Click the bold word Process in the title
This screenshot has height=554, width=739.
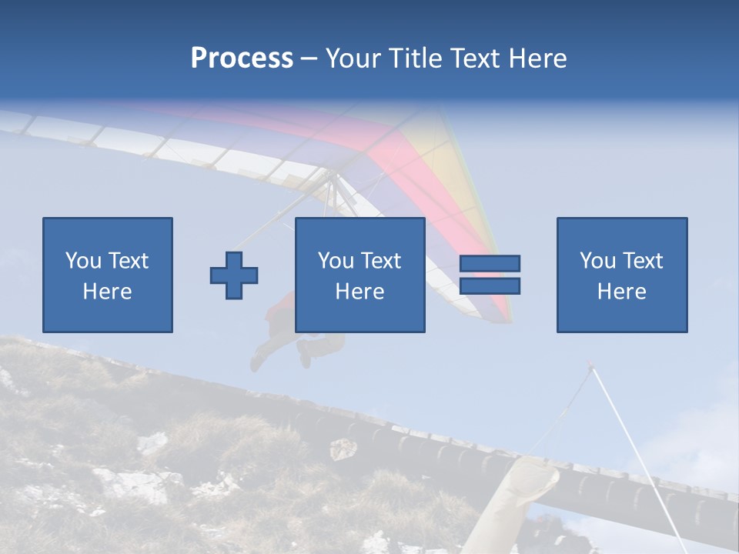pos(242,58)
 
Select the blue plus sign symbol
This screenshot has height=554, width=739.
pos(234,275)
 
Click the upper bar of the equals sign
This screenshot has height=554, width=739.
pos(490,264)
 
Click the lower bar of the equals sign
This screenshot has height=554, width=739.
pos(490,286)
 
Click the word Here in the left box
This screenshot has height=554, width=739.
pos(107,292)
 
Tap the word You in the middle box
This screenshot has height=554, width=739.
pos(336,261)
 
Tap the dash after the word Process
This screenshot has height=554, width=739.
pos(309,58)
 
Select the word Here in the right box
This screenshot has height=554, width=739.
pos(622,292)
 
